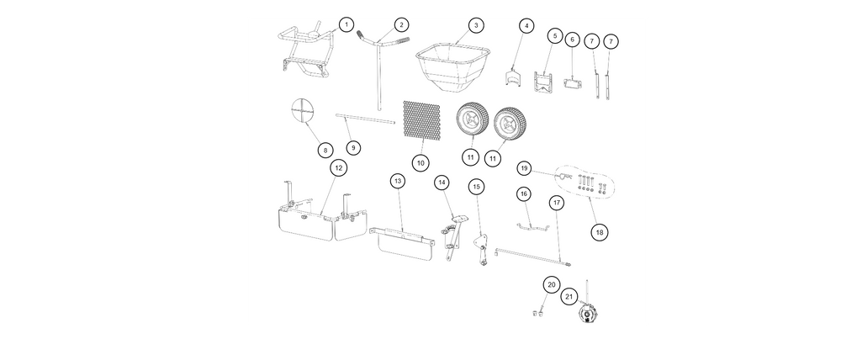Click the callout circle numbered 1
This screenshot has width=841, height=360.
[x=346, y=24]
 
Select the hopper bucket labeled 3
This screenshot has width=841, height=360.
[x=453, y=67]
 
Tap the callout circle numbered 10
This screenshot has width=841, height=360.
[x=420, y=162]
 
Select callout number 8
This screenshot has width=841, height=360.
[x=325, y=150]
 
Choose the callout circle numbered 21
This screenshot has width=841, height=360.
[x=569, y=296]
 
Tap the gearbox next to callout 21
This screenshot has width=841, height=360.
[x=590, y=312]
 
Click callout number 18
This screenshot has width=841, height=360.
[x=600, y=232]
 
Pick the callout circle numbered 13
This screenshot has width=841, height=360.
[x=398, y=182]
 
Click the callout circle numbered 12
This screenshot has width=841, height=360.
[x=338, y=168]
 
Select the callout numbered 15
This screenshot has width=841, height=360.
[x=477, y=187]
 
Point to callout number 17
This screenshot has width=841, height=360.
[x=556, y=203]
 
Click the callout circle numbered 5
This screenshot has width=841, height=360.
[x=555, y=36]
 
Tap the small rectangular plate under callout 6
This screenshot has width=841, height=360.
[x=572, y=83]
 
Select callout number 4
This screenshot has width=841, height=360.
[x=526, y=25]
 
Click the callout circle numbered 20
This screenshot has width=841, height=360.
[x=551, y=284]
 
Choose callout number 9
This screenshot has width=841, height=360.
[x=353, y=147]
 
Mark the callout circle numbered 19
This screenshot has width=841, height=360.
[x=525, y=168]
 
